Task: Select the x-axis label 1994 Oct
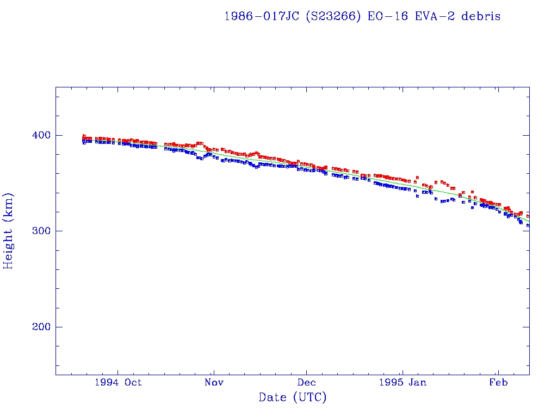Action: click(118, 382)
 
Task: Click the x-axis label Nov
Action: click(214, 382)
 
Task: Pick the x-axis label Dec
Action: click(306, 382)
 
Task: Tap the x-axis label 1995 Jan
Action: click(402, 382)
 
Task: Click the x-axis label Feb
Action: click(498, 382)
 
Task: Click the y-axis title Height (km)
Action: click(8, 230)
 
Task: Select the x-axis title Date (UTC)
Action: click(293, 397)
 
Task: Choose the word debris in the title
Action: click(481, 16)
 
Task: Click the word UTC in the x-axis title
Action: click(310, 397)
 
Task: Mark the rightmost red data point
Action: click(528, 216)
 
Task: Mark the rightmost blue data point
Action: click(528, 225)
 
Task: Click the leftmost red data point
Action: click(84, 136)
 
